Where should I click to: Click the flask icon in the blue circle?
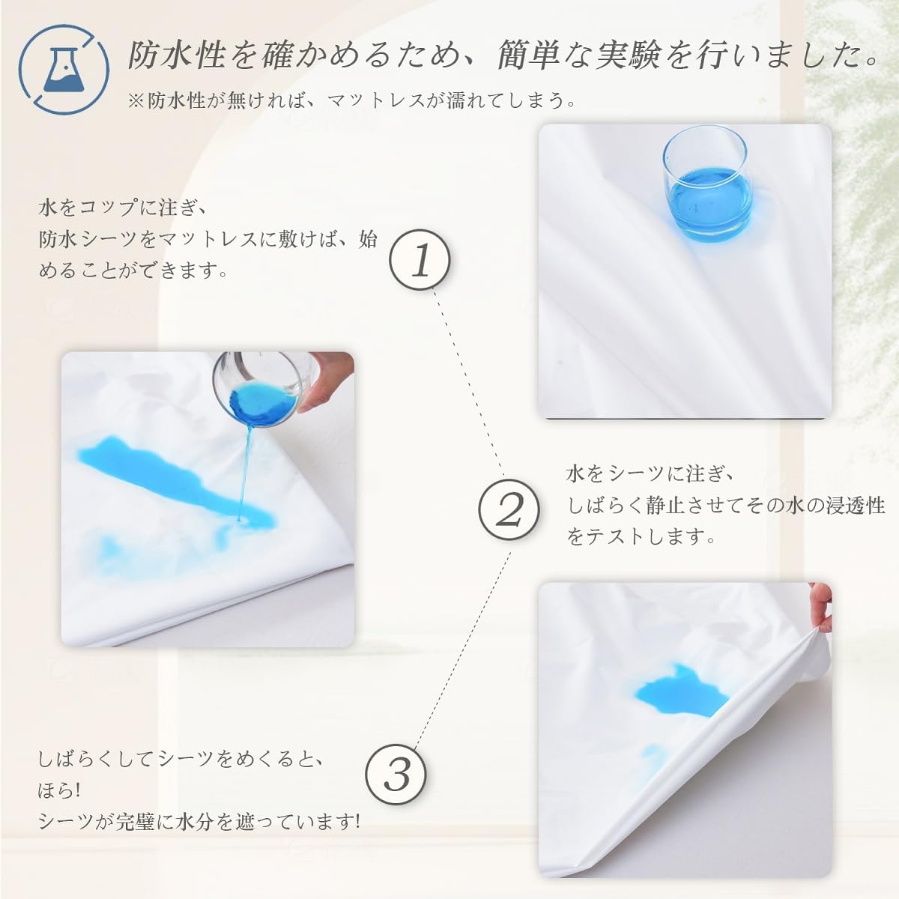coord(63,70)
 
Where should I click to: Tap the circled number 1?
coord(420,260)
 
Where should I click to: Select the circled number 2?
coord(509,509)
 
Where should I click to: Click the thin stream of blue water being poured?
coord(246,471)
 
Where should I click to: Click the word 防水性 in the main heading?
coord(177,54)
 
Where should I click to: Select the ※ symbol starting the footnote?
coord(136,101)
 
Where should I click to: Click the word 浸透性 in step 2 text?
coord(855,506)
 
